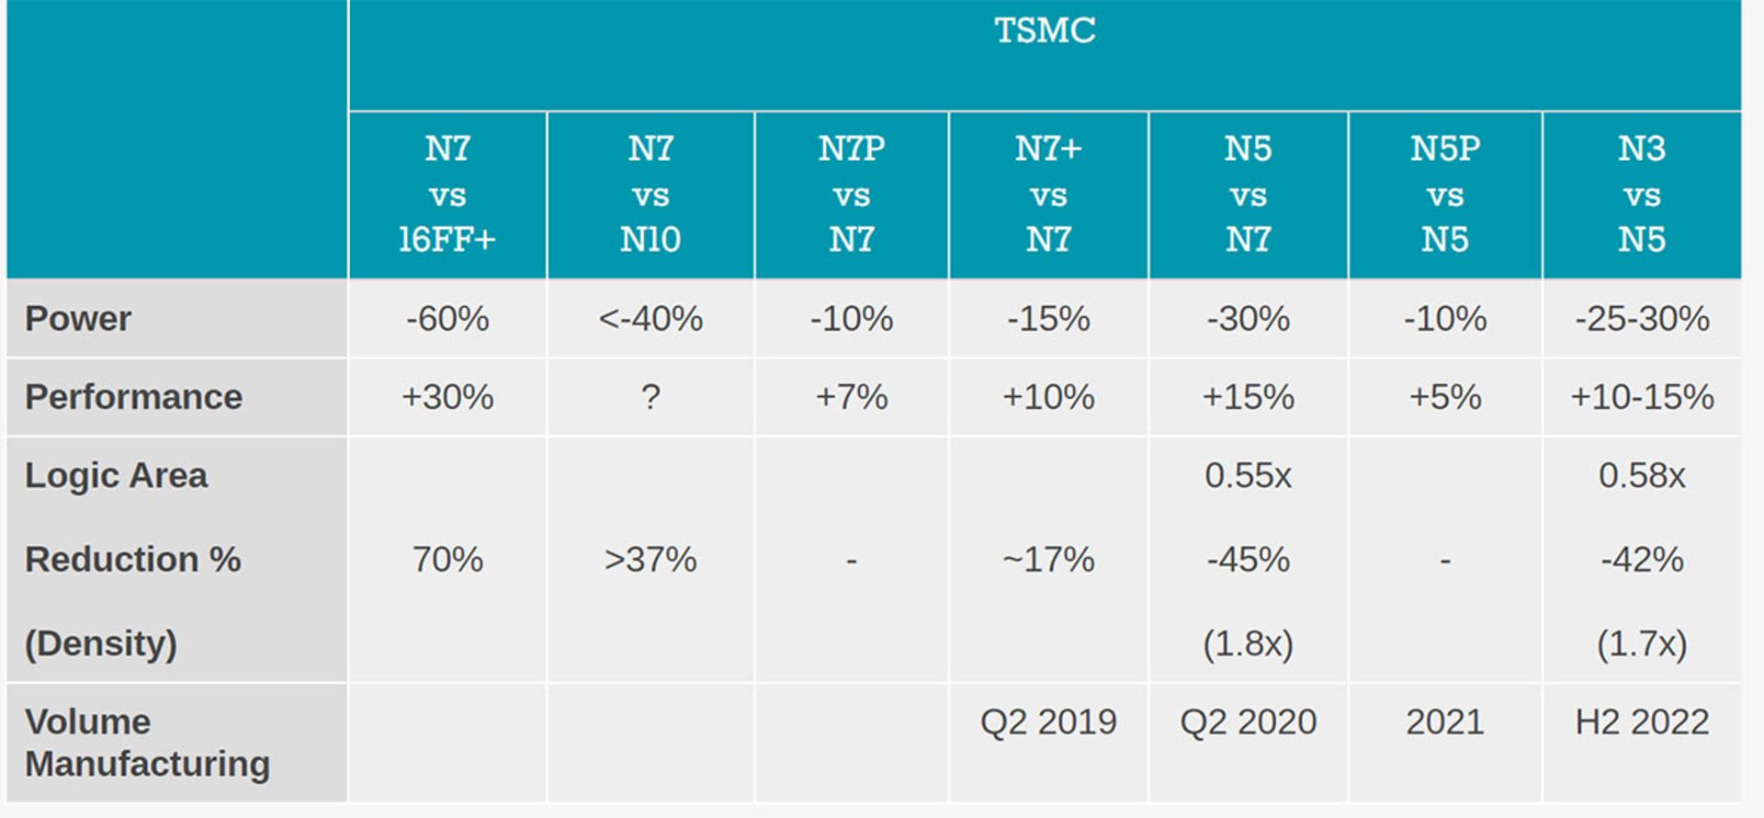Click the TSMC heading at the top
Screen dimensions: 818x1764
pyautogui.click(x=1045, y=30)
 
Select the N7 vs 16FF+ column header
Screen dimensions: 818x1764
pyautogui.click(x=447, y=194)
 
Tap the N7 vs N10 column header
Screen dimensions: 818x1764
pyautogui.click(x=650, y=194)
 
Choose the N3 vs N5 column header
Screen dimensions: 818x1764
pyautogui.click(x=1642, y=194)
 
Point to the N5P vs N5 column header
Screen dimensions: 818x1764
pyautogui.click(x=1445, y=194)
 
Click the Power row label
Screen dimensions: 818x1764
pyautogui.click(x=78, y=319)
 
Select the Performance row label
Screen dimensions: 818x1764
pyautogui.click(x=133, y=397)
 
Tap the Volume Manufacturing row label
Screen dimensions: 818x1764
pyautogui.click(x=147, y=743)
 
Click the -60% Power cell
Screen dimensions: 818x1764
pyautogui.click(x=447, y=319)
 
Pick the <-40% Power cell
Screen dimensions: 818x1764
pyautogui.click(x=650, y=319)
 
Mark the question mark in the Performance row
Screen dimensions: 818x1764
pyautogui.click(x=650, y=397)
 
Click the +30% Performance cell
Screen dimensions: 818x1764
pyautogui.click(x=447, y=397)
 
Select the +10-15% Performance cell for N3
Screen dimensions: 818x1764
pyautogui.click(x=1642, y=397)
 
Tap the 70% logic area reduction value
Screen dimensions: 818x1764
pyautogui.click(x=447, y=559)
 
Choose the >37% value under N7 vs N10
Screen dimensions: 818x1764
pyautogui.click(x=650, y=559)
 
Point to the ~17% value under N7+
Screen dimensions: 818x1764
pyautogui.click(x=1048, y=559)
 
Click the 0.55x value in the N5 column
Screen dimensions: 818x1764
pyautogui.click(x=1248, y=475)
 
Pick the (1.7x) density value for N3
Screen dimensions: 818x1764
pyautogui.click(x=1642, y=643)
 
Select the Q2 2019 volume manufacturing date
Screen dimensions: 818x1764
pyautogui.click(x=1048, y=722)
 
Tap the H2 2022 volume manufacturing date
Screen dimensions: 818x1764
pyautogui.click(x=1642, y=722)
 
